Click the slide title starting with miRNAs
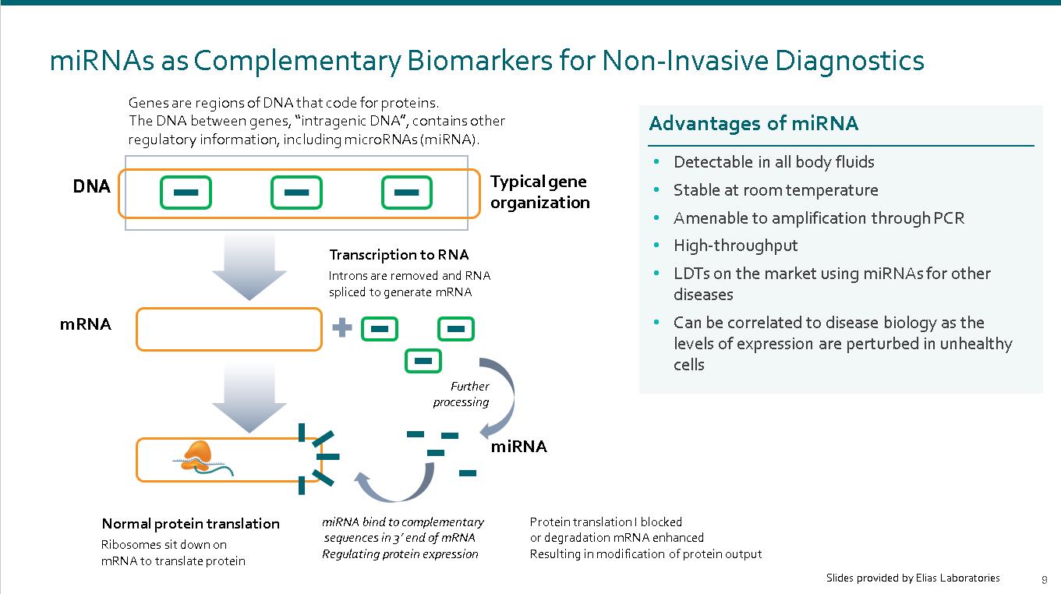pyautogui.click(x=486, y=61)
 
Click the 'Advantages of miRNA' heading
pyautogui.click(x=753, y=124)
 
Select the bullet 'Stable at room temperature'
pyautogui.click(x=775, y=190)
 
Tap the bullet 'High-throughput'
pyautogui.click(x=735, y=246)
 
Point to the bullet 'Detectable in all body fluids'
pyautogui.click(x=773, y=162)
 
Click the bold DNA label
pyautogui.click(x=91, y=187)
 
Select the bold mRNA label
pyautogui.click(x=85, y=324)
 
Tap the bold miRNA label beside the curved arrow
pyautogui.click(x=518, y=447)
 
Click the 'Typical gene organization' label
pyautogui.click(x=539, y=192)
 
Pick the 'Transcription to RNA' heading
pyautogui.click(x=398, y=255)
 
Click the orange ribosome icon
pyautogui.click(x=197, y=452)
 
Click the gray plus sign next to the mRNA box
pyautogui.click(x=341, y=328)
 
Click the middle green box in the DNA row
pyautogui.click(x=296, y=193)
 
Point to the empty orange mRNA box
pyautogui.click(x=228, y=329)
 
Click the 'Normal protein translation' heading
pyautogui.click(x=190, y=524)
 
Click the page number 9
pyautogui.click(x=1045, y=579)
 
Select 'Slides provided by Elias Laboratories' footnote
pyautogui.click(x=912, y=578)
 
